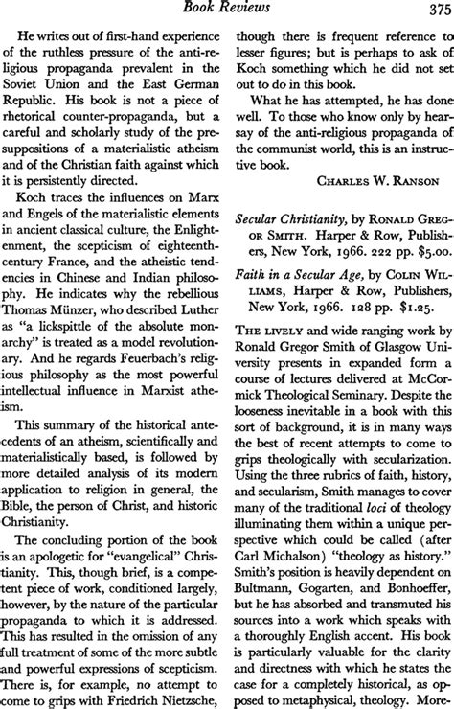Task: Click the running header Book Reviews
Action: (x=227, y=10)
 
